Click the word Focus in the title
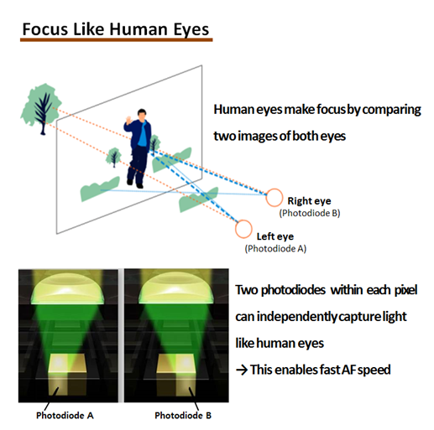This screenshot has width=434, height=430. (45, 28)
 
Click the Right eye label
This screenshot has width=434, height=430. (309, 201)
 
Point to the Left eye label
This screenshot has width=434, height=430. (275, 236)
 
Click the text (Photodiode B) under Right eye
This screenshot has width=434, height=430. (310, 213)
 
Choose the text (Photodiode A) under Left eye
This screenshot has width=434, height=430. (275, 248)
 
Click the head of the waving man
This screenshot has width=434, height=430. (142, 115)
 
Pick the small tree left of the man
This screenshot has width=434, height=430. (113, 158)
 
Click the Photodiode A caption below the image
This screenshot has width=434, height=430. (65, 416)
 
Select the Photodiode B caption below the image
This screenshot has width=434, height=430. (183, 416)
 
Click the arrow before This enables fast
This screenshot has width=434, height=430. (242, 370)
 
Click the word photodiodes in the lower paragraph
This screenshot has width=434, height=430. (293, 290)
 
